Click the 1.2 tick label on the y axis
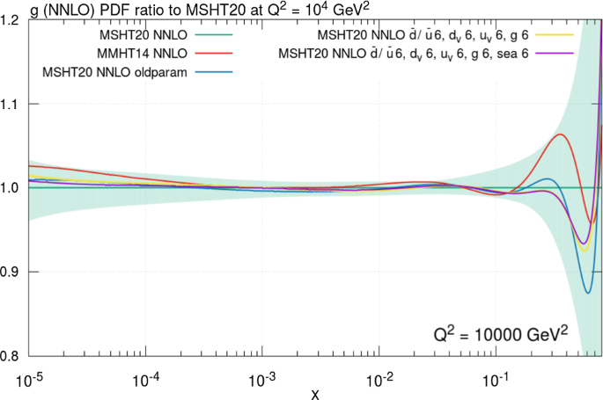click(11, 19)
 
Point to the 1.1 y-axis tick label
click(11, 104)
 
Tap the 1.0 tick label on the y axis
click(11, 188)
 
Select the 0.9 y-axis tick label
click(11, 273)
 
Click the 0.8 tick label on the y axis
click(11, 356)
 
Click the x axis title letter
click(314, 392)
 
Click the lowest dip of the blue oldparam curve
click(588, 293)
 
